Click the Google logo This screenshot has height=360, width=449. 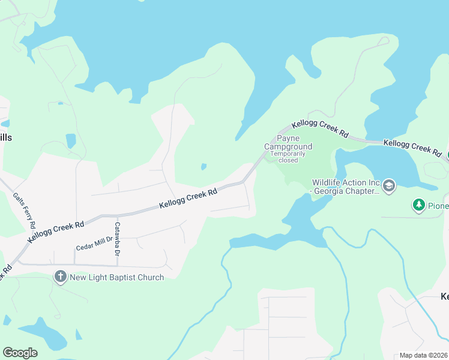tap(20, 353)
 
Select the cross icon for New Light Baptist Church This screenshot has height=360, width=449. tap(60, 277)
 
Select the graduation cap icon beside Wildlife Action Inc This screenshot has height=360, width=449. tap(388, 186)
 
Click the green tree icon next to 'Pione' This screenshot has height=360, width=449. tap(418, 206)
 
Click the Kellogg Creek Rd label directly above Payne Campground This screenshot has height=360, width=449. tap(320, 130)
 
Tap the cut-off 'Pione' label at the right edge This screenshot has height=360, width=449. tap(438, 206)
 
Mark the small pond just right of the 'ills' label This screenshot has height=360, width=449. tap(71, 141)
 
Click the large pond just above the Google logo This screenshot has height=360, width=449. tap(42, 336)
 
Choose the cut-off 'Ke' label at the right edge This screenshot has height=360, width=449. tap(444, 296)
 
